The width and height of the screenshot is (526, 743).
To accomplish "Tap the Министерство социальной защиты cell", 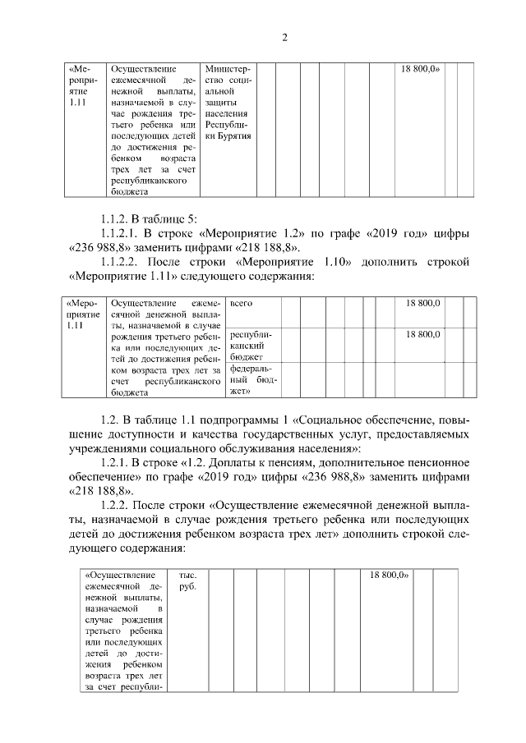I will point(228,103).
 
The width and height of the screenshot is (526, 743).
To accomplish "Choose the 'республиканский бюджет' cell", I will point(252,346).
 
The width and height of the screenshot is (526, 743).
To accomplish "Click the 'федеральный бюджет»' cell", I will point(252,380).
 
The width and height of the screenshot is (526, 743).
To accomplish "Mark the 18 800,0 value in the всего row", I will point(423,304).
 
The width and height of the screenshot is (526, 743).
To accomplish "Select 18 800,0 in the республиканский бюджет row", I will point(423,334).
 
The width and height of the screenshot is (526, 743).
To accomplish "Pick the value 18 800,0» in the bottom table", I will point(390,576).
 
